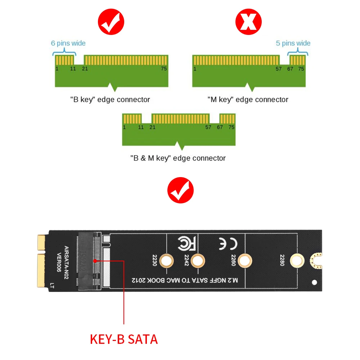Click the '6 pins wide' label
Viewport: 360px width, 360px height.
[68, 43]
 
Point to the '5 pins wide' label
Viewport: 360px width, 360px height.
[293, 43]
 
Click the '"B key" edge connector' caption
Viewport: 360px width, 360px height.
[110, 99]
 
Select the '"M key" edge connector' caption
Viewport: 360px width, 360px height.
[248, 99]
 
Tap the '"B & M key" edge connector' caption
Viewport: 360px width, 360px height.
[178, 158]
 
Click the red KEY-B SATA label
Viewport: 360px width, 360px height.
[123, 339]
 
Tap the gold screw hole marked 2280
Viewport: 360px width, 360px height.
[297, 259]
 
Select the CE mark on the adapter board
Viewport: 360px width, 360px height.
[228, 243]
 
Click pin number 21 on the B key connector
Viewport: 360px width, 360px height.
[85, 69]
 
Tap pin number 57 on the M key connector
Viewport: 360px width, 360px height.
[278, 69]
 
